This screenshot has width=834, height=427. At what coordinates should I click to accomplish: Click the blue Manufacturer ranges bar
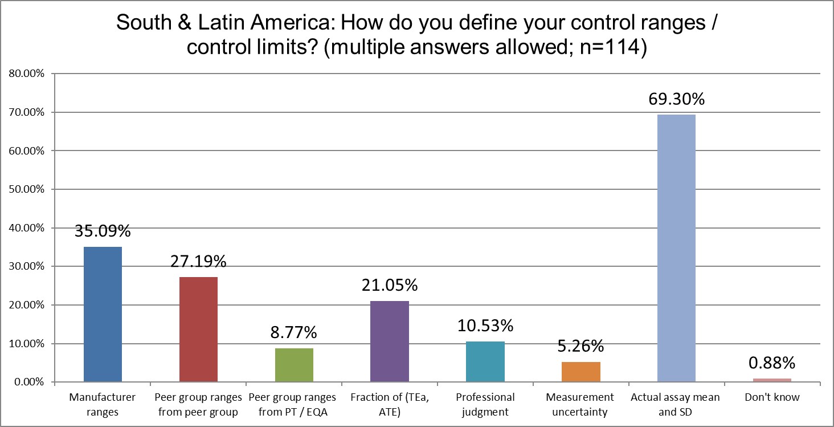coord(103,314)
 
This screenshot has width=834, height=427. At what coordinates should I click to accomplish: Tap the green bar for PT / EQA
coord(294,365)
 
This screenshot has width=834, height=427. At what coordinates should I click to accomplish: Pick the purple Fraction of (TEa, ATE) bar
coord(390,341)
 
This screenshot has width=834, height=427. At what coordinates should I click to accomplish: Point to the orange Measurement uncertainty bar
coord(581,372)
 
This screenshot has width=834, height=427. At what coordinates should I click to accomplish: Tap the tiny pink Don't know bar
coord(772,380)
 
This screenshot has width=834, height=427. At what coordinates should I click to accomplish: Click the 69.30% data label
coord(677,99)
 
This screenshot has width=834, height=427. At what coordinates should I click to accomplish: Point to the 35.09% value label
coord(103,231)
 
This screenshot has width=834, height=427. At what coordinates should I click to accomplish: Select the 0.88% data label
coord(772,363)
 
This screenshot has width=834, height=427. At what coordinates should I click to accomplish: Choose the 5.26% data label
coord(581,346)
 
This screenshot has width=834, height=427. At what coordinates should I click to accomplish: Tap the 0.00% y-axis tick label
coord(28,382)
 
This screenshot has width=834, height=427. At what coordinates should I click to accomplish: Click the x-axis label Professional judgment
coord(485,404)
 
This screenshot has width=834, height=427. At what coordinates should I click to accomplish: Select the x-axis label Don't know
coord(772,397)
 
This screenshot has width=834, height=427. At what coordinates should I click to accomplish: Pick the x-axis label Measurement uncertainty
coord(581,404)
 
